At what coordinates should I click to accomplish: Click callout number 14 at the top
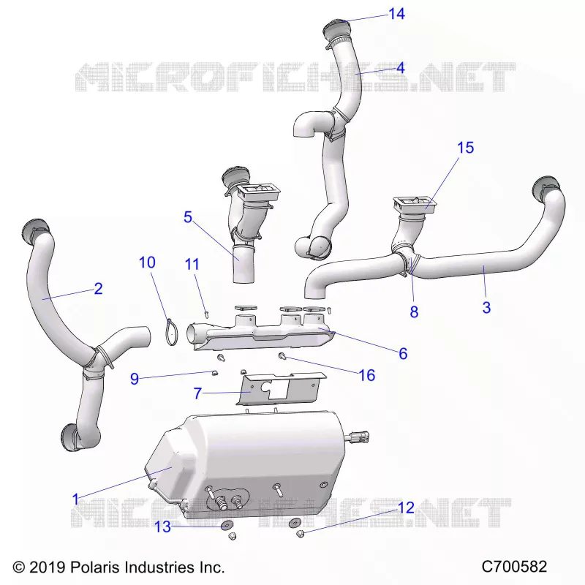(x=396, y=14)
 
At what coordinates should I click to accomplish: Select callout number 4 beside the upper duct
(x=400, y=68)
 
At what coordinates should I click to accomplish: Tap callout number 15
(x=465, y=148)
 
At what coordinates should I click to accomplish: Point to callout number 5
(x=188, y=217)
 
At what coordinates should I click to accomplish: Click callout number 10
(x=147, y=263)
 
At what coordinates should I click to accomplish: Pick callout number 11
(x=192, y=264)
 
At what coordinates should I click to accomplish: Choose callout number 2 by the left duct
(x=98, y=288)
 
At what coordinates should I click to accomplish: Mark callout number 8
(x=414, y=312)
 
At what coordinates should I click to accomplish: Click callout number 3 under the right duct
(x=486, y=307)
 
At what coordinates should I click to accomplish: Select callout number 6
(x=403, y=353)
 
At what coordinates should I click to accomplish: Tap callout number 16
(x=367, y=375)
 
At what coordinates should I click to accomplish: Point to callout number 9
(x=135, y=379)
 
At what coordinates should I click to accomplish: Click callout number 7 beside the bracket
(x=197, y=393)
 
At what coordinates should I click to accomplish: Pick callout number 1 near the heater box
(x=76, y=499)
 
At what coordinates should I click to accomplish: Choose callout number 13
(x=162, y=526)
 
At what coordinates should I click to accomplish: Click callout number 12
(x=407, y=507)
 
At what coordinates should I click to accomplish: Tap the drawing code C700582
(x=514, y=566)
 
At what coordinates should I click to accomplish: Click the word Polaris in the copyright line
(x=95, y=567)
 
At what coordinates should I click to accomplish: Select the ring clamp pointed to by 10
(x=172, y=332)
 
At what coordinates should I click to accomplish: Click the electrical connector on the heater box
(x=359, y=437)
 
